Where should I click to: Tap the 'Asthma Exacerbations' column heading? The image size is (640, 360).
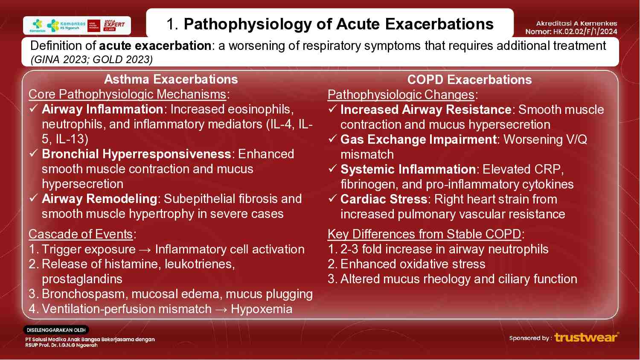(x=171, y=79)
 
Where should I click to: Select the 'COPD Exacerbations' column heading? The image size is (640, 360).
(x=469, y=80)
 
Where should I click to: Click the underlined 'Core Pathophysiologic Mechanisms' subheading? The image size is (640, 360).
(x=127, y=94)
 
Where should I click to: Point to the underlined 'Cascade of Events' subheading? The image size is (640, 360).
(x=81, y=234)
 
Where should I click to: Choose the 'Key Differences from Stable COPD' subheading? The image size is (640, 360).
(x=424, y=234)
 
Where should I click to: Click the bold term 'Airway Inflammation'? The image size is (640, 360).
(x=102, y=109)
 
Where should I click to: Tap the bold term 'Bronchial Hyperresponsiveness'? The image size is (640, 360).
(x=137, y=154)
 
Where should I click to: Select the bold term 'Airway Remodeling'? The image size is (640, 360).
(x=99, y=199)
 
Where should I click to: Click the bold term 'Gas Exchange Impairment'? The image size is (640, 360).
(x=418, y=139)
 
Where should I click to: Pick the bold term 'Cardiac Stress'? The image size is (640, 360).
(x=384, y=199)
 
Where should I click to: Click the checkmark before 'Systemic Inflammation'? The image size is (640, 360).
(x=333, y=169)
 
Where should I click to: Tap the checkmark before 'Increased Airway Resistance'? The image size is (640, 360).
(x=333, y=110)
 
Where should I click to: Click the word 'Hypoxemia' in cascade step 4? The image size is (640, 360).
(x=262, y=309)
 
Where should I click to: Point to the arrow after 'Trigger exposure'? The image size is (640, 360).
(x=145, y=250)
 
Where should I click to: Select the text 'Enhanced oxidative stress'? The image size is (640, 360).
(x=413, y=264)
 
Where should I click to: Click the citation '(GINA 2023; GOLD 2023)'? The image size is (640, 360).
(x=91, y=59)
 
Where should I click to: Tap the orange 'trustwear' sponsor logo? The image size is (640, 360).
(x=586, y=337)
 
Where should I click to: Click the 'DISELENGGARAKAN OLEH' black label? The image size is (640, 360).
(x=56, y=330)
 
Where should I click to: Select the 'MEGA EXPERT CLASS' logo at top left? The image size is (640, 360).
(x=114, y=25)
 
